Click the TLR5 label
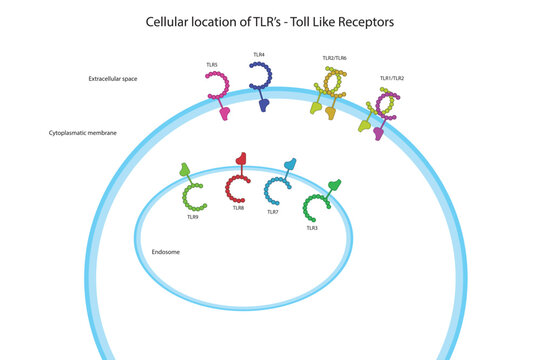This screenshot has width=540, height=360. click(x=212, y=64)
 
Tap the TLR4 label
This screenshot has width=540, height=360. click(x=259, y=55)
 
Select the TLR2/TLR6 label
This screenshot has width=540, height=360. click(x=334, y=58)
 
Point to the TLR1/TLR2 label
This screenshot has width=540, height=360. click(x=392, y=77)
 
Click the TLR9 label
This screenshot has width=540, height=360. click(x=192, y=216)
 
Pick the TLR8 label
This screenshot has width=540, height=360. click(x=238, y=207)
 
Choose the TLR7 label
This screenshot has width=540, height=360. click(x=272, y=212)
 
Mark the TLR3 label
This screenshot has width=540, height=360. click(x=312, y=228)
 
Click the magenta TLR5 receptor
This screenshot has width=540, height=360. click(x=219, y=93)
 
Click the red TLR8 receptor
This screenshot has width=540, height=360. click(x=239, y=181)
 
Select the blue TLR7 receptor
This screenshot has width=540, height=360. click(x=279, y=184)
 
